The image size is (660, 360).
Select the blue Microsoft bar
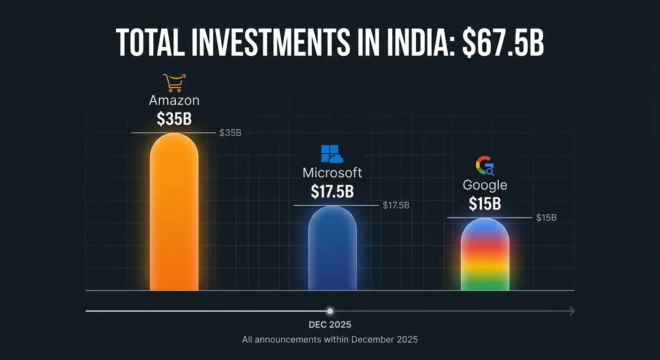(x=332, y=248)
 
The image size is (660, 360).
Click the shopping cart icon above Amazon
(x=174, y=83)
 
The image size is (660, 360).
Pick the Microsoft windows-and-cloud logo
(x=332, y=154)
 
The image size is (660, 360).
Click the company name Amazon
(x=174, y=100)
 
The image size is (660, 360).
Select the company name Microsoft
(x=332, y=172)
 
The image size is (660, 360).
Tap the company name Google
(x=485, y=185)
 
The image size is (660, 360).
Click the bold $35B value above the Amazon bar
(x=174, y=119)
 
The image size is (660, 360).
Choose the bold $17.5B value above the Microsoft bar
(x=332, y=191)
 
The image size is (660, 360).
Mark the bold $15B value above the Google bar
(x=485, y=204)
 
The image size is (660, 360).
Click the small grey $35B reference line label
(x=230, y=133)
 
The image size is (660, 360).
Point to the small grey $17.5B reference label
(x=396, y=205)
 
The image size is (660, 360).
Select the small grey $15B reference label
(x=546, y=217)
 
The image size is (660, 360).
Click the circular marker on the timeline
(x=330, y=311)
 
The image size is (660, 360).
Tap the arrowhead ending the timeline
(x=571, y=311)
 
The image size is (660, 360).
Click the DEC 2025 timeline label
(x=330, y=324)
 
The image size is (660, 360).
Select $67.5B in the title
(x=503, y=43)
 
